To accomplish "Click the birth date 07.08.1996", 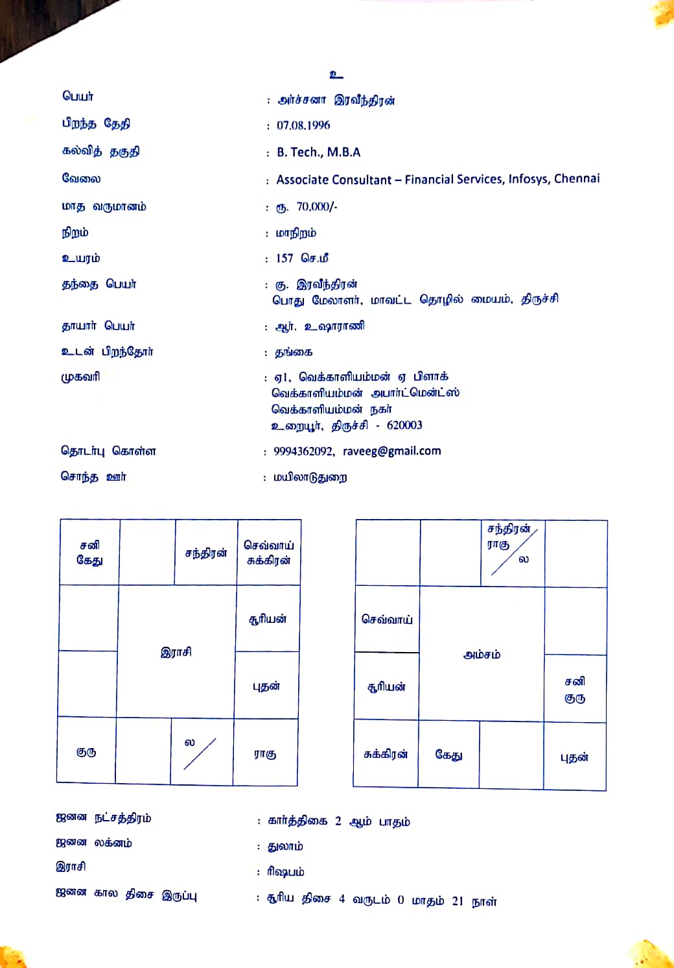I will click(x=303, y=125).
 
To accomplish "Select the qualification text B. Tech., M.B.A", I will click(x=318, y=152).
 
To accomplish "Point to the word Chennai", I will click(x=577, y=178).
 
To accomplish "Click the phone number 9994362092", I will click(x=303, y=451).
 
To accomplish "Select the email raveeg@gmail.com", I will click(x=391, y=451).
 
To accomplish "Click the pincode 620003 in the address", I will click(x=404, y=426).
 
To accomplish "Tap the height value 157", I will click(x=285, y=258).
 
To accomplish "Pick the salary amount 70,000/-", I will click(x=317, y=207).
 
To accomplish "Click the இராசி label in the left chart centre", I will click(x=176, y=652).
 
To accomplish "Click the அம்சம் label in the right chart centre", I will click(x=482, y=655).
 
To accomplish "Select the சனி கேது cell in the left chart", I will click(x=89, y=552).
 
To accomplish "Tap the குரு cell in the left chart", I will click(x=86, y=752).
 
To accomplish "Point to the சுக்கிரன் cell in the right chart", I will click(x=386, y=755).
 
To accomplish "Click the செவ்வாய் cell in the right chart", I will click(x=387, y=620).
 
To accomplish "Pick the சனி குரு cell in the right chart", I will click(x=575, y=690).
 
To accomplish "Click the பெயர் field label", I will click(x=78, y=97).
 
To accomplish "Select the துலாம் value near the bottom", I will click(x=285, y=847).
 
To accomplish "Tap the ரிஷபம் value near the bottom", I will click(x=285, y=872).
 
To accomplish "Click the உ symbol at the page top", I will click(x=336, y=75).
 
